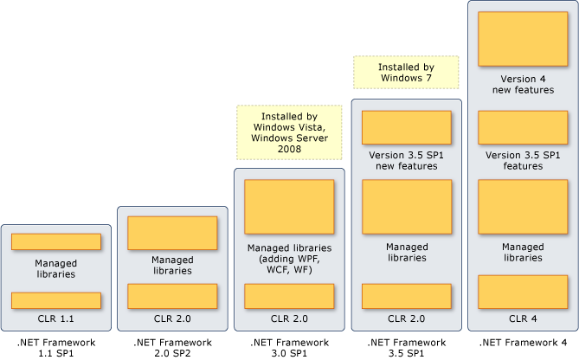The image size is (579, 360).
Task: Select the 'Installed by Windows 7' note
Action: point(406,72)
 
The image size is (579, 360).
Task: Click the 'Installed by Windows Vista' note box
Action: point(290,132)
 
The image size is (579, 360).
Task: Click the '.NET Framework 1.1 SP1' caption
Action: point(56,349)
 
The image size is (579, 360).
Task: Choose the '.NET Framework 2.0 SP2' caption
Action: point(172,349)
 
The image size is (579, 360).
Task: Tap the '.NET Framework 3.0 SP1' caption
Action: point(290,349)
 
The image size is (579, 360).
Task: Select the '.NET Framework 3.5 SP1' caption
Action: point(406,349)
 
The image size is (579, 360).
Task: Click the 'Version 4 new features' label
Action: point(522,85)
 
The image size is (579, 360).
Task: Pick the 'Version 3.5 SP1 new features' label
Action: point(406,161)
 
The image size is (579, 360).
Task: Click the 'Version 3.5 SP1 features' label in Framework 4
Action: point(522,161)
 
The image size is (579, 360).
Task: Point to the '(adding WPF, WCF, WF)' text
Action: point(290,264)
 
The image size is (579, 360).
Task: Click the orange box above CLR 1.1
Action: point(56,300)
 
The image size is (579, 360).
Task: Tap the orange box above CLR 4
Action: point(522,292)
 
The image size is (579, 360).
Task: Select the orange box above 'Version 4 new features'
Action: point(522,38)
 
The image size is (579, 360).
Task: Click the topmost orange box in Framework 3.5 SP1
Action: point(406,127)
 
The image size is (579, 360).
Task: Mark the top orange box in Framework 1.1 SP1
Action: point(56,241)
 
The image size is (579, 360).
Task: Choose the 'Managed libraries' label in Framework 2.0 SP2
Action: point(172,264)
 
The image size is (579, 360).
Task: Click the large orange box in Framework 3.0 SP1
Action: point(290,207)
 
